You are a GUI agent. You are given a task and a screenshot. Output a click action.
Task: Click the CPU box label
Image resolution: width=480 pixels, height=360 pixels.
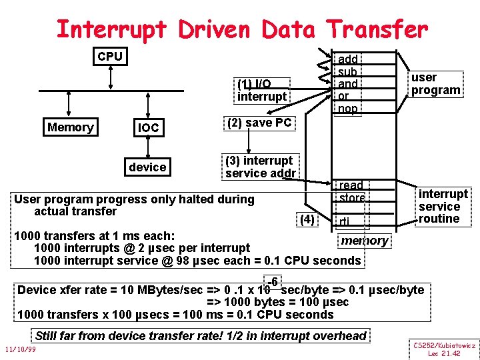pyautogui.click(x=110, y=57)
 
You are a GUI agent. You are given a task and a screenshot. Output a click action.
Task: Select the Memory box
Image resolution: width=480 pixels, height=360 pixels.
pyautogui.click(x=71, y=127)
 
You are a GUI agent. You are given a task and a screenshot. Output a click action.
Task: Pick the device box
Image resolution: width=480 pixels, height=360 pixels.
pyautogui.click(x=148, y=167)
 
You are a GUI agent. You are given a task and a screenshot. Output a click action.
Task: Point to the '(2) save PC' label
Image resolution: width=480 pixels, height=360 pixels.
pyautogui.click(x=259, y=123)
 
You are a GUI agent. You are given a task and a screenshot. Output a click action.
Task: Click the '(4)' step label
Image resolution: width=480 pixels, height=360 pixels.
pyautogui.click(x=307, y=219)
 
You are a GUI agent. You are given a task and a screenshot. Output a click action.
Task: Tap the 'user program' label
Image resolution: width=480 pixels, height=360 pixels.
pyautogui.click(x=436, y=84)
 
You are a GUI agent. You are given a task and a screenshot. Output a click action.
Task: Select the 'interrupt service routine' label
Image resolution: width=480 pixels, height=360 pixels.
pyautogui.click(x=443, y=206)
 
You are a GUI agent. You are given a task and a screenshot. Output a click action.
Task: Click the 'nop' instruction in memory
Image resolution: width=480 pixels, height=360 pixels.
pyautogui.click(x=348, y=109)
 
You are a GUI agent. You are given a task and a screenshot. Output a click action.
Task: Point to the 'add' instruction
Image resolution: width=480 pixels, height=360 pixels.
pyautogui.click(x=348, y=59)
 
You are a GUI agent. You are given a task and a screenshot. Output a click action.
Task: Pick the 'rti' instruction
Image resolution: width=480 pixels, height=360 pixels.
pyautogui.click(x=344, y=222)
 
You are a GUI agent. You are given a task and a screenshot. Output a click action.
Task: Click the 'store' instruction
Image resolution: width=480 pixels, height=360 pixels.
pyautogui.click(x=351, y=197)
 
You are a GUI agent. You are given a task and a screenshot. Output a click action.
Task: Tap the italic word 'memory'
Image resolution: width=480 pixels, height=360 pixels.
pyautogui.click(x=364, y=240)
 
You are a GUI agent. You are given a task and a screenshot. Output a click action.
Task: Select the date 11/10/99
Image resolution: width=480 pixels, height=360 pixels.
pyautogui.click(x=19, y=349)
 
